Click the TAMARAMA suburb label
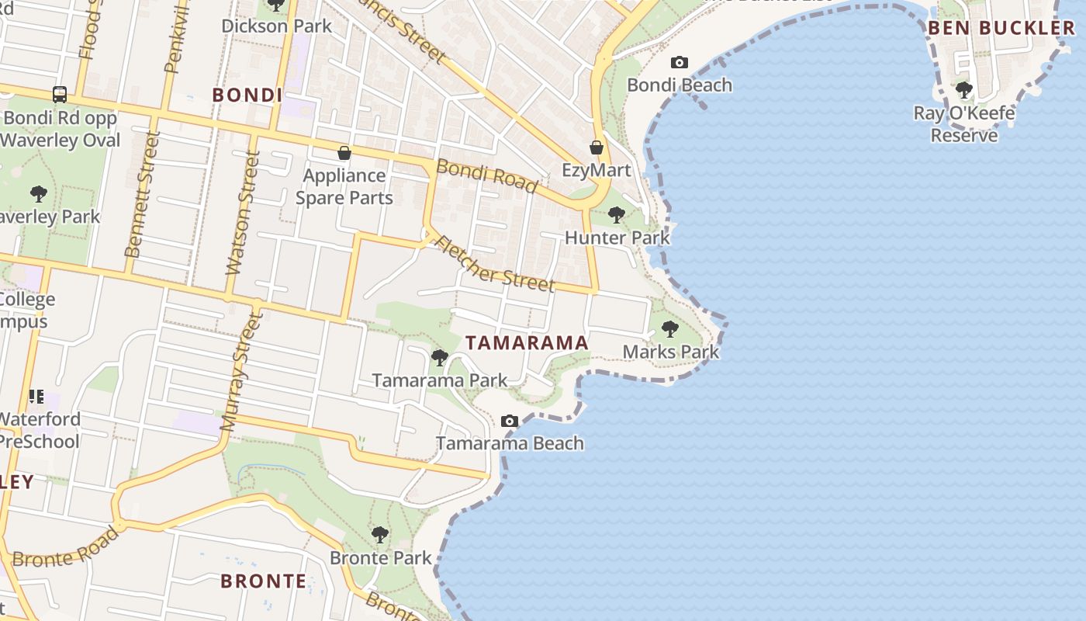[x=527, y=342]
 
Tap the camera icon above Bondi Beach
[x=680, y=62]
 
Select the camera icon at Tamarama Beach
[x=510, y=421]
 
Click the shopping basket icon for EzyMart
[x=597, y=147]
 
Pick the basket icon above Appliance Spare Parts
[x=344, y=153]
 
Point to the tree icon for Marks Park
[x=670, y=328]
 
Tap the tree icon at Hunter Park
[x=617, y=214]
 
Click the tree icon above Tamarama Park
[x=439, y=358]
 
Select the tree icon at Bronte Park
[x=379, y=535]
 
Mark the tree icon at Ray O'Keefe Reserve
[x=964, y=90]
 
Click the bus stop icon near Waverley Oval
[x=60, y=95]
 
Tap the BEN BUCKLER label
[x=1001, y=28]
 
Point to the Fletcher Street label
[x=496, y=263]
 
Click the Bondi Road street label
[x=486, y=175]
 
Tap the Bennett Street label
[x=142, y=193]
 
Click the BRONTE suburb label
[x=264, y=581]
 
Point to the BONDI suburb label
[x=247, y=95]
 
